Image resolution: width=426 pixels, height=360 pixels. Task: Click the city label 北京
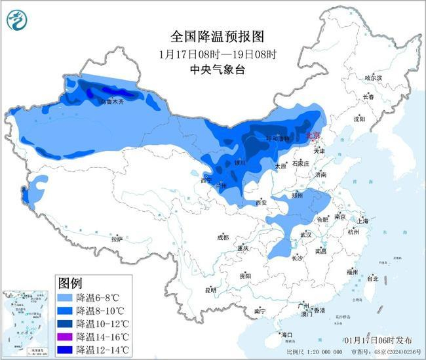tap(313, 136)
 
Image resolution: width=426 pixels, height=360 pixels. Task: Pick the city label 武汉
tap(305, 235)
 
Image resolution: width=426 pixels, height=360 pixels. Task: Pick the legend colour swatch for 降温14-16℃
tap(65, 336)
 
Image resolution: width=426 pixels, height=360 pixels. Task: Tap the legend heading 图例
tap(70, 283)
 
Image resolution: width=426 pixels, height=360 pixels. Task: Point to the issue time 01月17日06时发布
tap(378, 340)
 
